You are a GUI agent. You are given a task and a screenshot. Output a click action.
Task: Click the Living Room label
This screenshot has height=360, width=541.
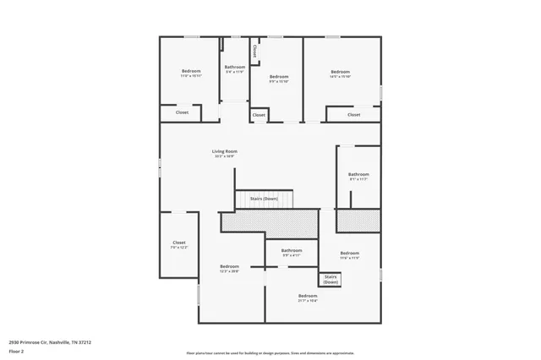224,152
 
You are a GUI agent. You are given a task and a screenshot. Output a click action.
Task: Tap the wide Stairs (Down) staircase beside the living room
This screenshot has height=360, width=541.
265,199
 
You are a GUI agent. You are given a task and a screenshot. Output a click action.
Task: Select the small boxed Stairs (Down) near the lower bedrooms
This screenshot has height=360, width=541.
331,279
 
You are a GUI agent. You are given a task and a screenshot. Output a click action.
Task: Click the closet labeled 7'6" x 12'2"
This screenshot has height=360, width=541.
179,244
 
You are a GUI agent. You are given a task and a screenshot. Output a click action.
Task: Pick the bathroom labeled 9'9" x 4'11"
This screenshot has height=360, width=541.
292,252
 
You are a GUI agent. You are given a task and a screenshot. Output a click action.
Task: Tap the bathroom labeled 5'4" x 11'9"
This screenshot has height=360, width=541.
234,68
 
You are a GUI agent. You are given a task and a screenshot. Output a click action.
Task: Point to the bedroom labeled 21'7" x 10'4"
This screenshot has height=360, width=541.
308,297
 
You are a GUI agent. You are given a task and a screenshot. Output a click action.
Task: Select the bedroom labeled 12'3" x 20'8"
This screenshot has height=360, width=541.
229,268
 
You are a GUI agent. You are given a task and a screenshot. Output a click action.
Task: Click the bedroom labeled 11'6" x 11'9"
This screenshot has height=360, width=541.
350,255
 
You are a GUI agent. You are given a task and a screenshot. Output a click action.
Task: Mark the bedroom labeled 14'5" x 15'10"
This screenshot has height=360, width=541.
340,74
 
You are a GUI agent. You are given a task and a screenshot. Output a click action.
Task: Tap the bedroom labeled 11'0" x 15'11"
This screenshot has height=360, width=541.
191,73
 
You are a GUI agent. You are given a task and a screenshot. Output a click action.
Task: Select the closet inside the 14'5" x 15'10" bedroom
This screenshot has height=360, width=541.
353,114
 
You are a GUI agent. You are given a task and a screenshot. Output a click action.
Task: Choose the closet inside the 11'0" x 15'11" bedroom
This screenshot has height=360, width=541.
182,112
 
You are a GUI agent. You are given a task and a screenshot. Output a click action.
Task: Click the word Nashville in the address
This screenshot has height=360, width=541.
58,342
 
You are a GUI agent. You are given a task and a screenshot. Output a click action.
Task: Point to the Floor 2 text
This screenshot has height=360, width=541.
16,351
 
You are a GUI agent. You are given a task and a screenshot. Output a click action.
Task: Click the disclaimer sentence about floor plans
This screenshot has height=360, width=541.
270,353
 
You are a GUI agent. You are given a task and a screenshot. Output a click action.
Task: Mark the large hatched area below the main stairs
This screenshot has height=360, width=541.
269,222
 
